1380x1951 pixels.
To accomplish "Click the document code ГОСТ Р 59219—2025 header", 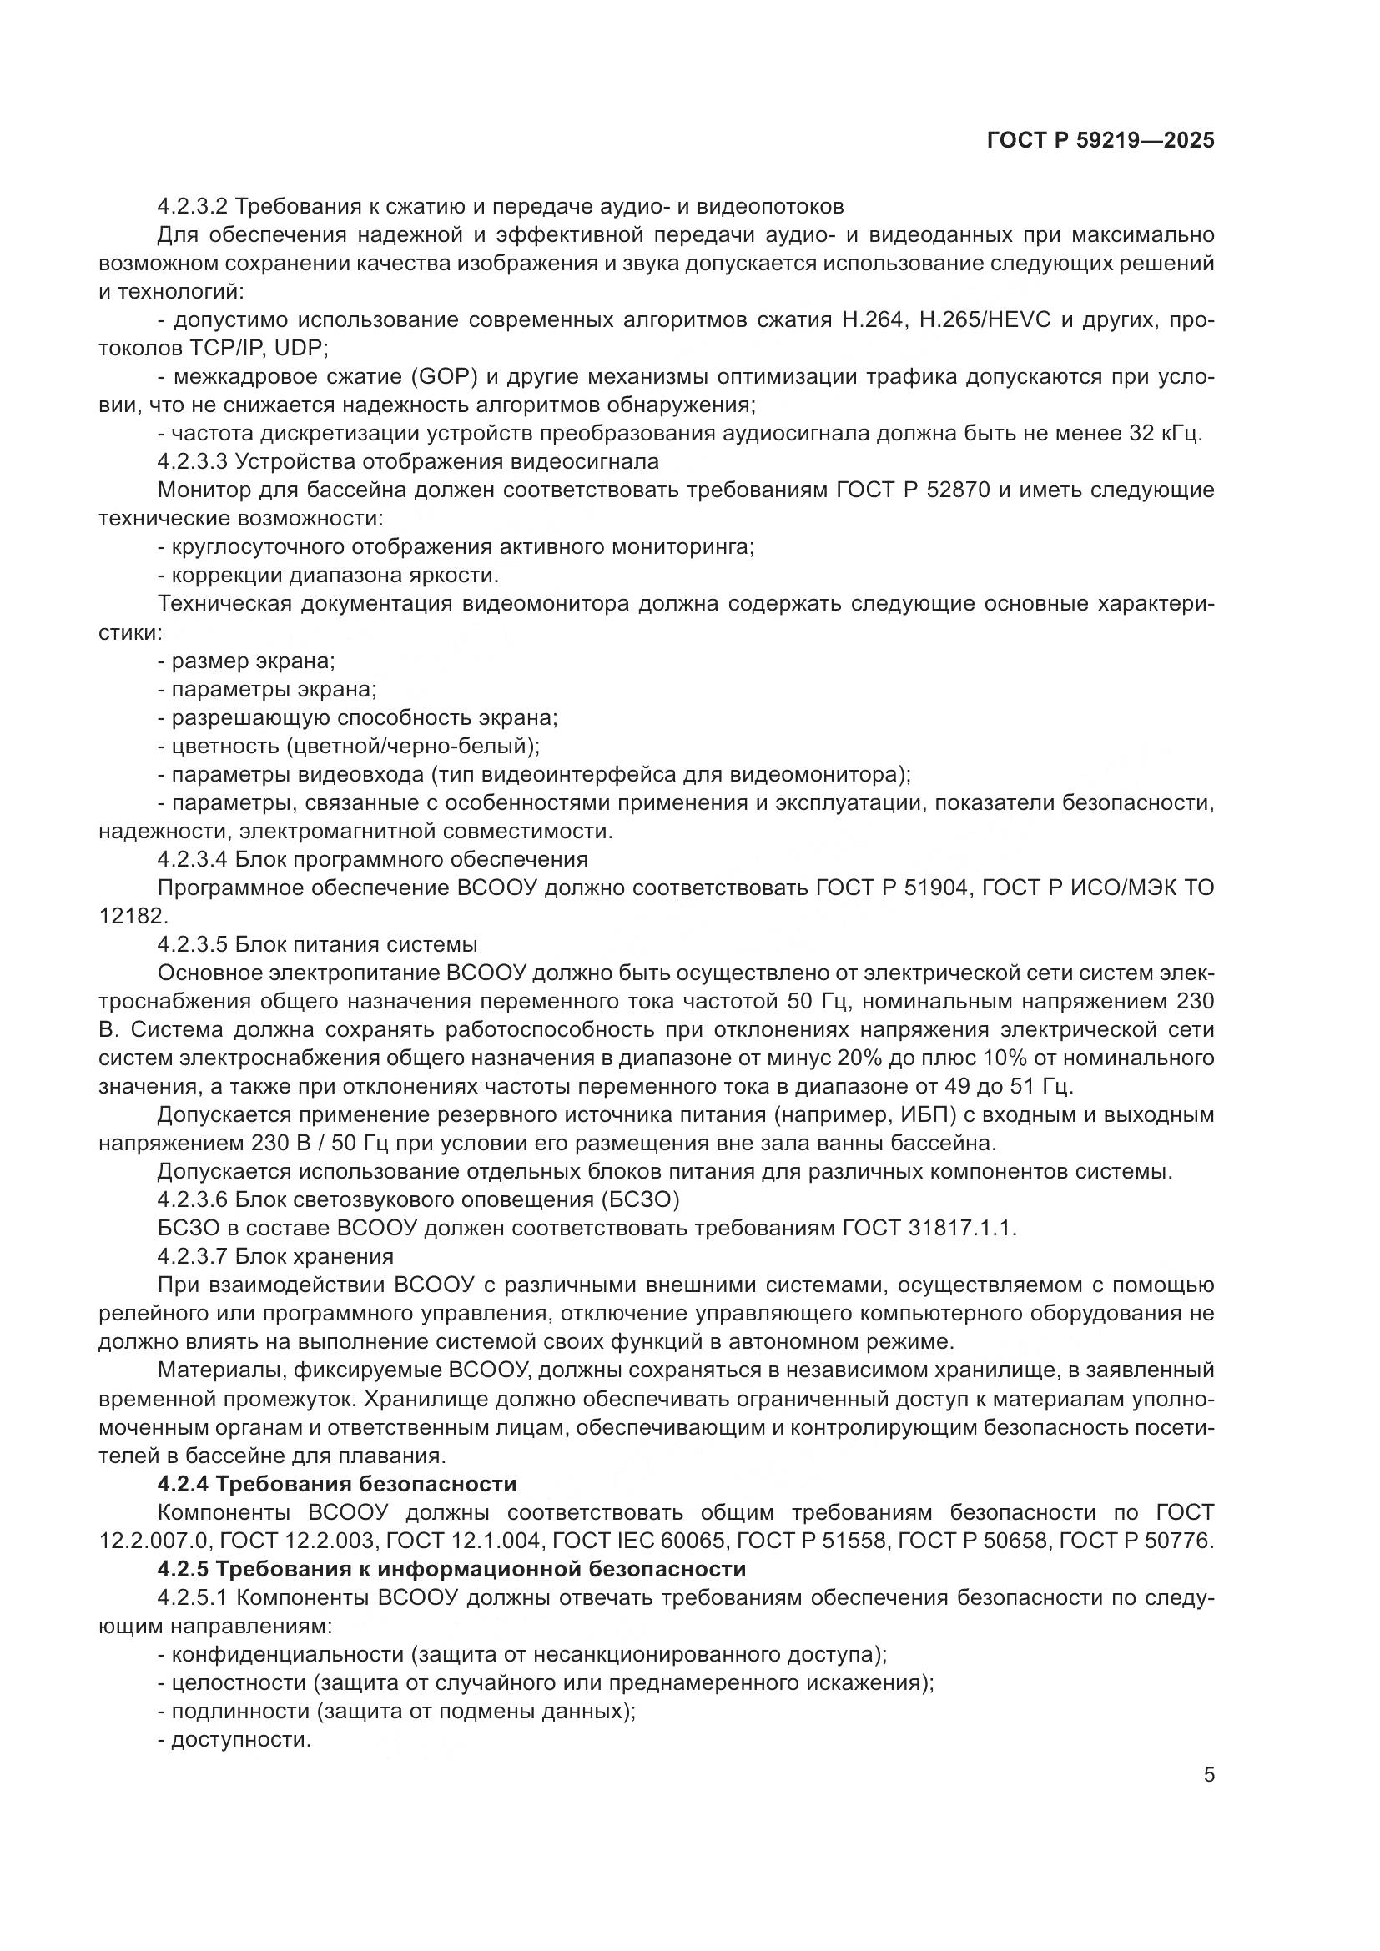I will (1100, 141).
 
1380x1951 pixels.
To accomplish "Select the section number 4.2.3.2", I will (193, 207).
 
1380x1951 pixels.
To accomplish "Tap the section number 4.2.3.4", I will (193, 859).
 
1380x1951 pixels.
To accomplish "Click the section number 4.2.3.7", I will (193, 1257).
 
